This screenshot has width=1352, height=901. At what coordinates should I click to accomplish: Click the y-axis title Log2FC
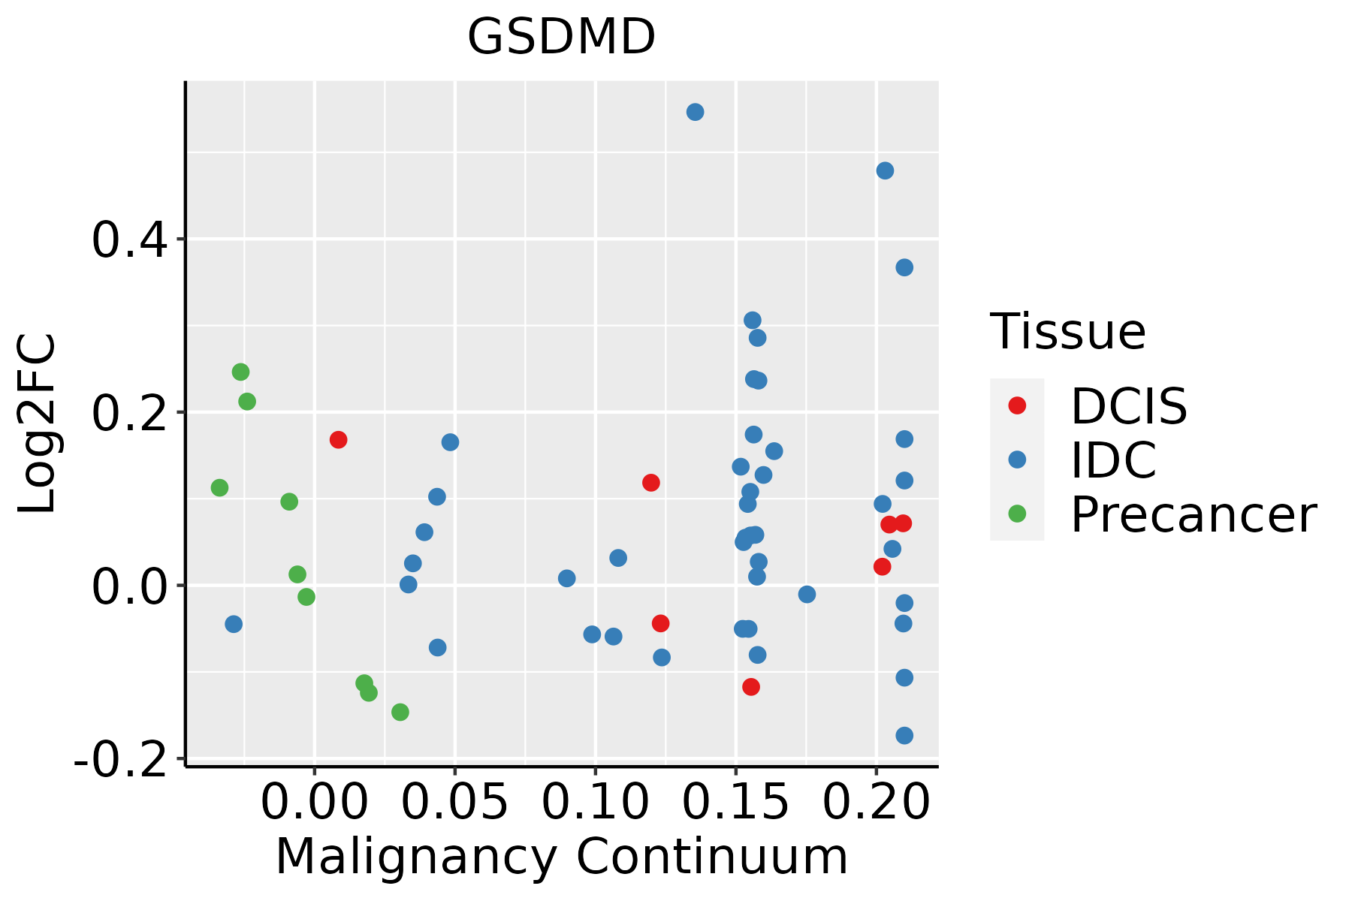(38, 424)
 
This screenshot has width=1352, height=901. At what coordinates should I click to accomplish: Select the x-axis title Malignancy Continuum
(562, 857)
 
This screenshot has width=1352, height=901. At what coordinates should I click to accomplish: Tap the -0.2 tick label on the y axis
(120, 760)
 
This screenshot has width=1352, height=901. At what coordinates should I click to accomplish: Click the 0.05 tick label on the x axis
(454, 803)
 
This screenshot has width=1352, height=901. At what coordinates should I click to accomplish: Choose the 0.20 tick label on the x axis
(876, 803)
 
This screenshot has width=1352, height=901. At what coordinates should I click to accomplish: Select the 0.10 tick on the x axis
(595, 803)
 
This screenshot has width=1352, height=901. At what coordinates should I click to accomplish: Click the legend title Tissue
(1068, 331)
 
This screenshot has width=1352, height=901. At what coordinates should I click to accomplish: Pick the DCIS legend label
(1128, 407)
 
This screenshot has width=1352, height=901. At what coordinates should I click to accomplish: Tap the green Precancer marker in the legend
(1017, 514)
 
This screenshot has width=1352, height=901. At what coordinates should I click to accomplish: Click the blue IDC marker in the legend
(1017, 460)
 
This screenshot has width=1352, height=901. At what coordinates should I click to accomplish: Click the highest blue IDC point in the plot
(695, 112)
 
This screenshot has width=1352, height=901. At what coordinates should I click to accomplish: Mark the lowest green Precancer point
(400, 712)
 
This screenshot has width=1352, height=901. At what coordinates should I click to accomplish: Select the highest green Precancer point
(240, 372)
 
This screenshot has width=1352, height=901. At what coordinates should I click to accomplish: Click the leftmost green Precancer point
(219, 488)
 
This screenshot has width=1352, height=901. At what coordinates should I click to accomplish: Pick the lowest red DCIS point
(751, 687)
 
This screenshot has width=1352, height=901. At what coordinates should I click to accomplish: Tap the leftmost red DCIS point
(338, 439)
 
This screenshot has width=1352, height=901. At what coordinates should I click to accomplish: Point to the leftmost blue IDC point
(234, 624)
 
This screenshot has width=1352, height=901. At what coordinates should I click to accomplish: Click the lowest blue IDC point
(904, 735)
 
